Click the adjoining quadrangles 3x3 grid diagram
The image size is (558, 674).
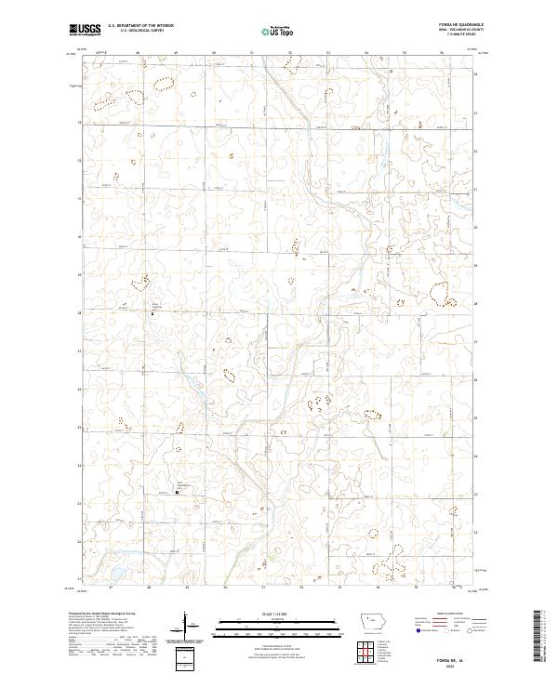[367, 648]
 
